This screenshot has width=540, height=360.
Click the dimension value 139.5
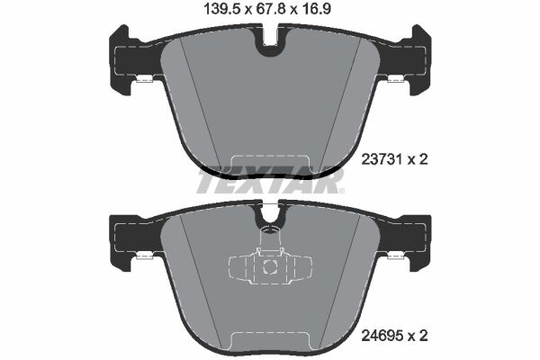click(221, 9)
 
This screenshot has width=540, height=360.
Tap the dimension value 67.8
click(270, 9)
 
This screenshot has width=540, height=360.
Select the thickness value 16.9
click(316, 9)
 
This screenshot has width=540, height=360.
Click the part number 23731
click(382, 159)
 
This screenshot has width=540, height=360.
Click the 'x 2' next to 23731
click(418, 159)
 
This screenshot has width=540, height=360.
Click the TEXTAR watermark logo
click(270, 181)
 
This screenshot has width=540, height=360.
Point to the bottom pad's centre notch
click(270, 216)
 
